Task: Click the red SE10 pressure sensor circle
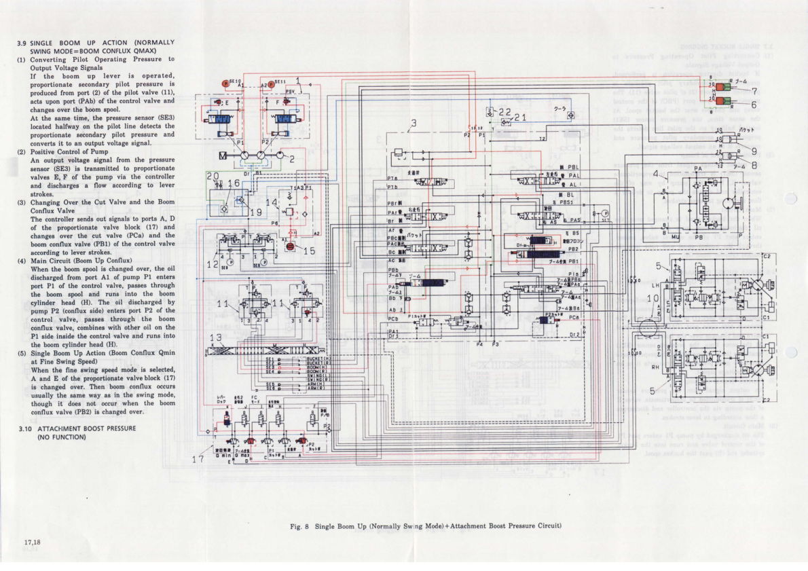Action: [225, 83]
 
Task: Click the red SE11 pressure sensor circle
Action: [270, 83]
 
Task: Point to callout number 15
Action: [310, 251]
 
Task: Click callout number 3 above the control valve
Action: [413, 124]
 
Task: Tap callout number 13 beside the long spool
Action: [216, 337]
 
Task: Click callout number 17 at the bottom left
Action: [198, 460]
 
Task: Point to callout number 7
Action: [754, 90]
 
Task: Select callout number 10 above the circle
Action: [653, 298]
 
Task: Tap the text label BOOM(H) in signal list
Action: [318, 367]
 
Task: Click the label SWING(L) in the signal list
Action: [318, 375]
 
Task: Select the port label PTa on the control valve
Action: [392, 178]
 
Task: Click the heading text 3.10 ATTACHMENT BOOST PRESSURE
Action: [86, 428]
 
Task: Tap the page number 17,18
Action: [33, 542]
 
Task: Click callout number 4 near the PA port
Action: [655, 174]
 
